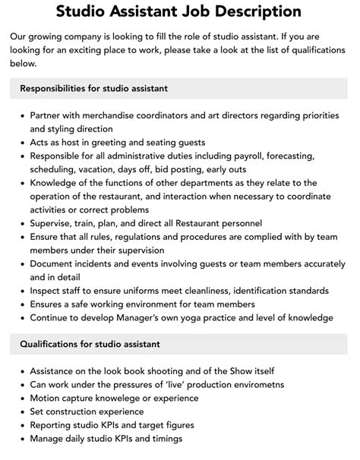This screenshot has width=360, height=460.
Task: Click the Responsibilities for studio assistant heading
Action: pos(94,88)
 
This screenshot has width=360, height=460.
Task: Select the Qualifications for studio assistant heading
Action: pos(90,343)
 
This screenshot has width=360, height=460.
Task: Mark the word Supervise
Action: pos(52,222)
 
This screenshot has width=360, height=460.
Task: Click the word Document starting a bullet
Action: pos(54,263)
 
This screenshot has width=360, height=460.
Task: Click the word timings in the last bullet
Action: pos(165,439)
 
